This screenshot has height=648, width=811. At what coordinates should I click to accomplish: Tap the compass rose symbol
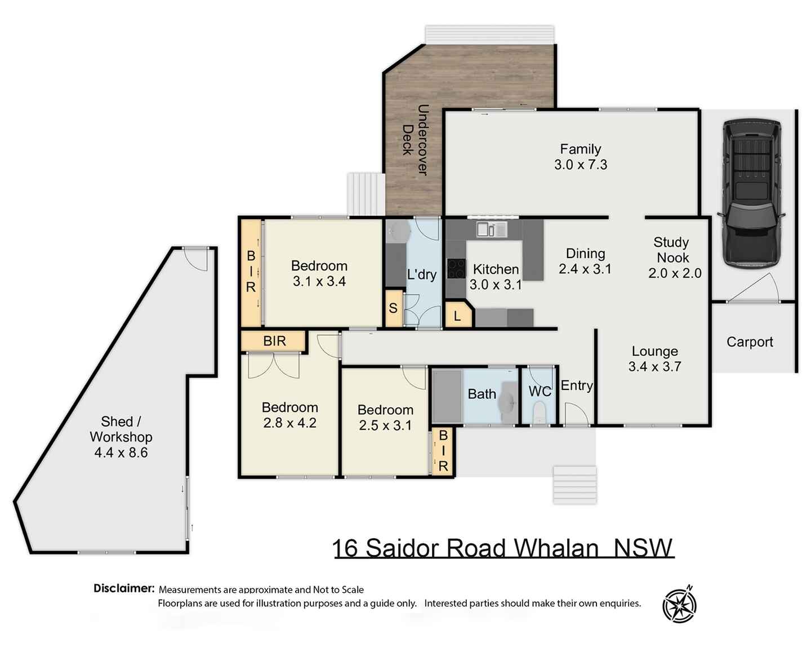click(x=679, y=605)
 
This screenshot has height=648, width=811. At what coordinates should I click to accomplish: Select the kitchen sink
click(x=492, y=229)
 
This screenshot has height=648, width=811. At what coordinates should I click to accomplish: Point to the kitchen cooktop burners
click(x=456, y=269)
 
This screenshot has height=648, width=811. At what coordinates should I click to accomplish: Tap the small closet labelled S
click(x=393, y=308)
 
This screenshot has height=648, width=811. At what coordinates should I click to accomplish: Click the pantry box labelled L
click(x=457, y=316)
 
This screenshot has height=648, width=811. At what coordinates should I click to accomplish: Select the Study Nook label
click(x=672, y=250)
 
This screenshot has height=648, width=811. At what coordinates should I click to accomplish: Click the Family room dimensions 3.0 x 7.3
click(x=581, y=165)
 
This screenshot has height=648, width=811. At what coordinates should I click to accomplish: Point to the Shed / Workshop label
click(x=121, y=429)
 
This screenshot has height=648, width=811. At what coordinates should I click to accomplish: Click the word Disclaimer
click(x=124, y=588)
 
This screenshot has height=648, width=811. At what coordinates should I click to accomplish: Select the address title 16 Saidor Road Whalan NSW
click(x=503, y=548)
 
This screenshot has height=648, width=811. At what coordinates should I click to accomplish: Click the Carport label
click(x=750, y=342)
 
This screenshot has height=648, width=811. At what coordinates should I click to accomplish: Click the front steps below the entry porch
click(x=574, y=484)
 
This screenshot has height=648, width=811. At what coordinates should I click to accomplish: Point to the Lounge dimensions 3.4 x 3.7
click(x=654, y=367)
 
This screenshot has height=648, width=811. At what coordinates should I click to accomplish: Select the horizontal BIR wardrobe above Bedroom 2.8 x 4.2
click(x=274, y=341)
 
